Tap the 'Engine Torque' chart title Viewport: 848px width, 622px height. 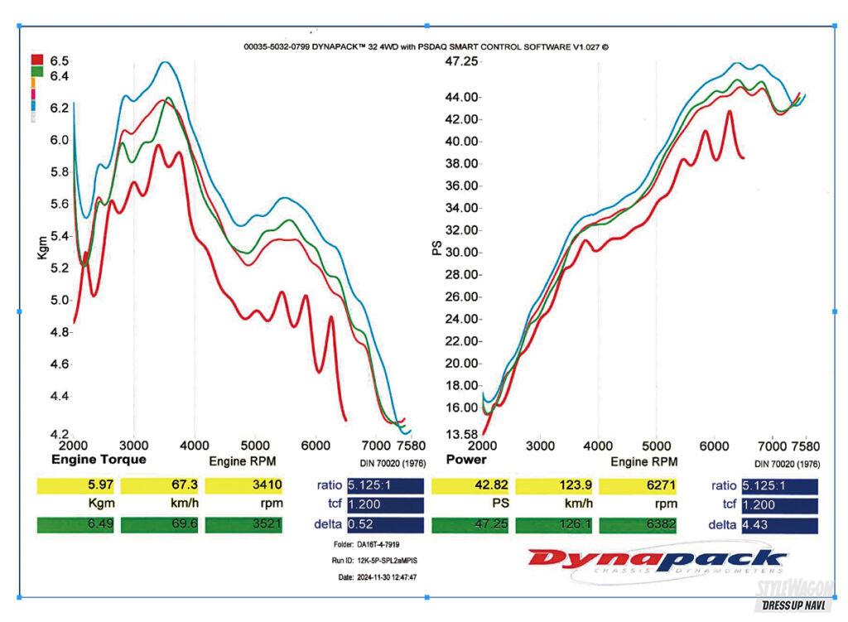tap(99, 459)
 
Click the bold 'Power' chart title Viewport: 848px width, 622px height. tap(466, 459)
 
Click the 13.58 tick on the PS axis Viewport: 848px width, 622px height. tap(462, 433)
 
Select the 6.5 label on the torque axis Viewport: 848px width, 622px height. tap(59, 60)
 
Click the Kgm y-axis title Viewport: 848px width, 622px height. tap(43, 248)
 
